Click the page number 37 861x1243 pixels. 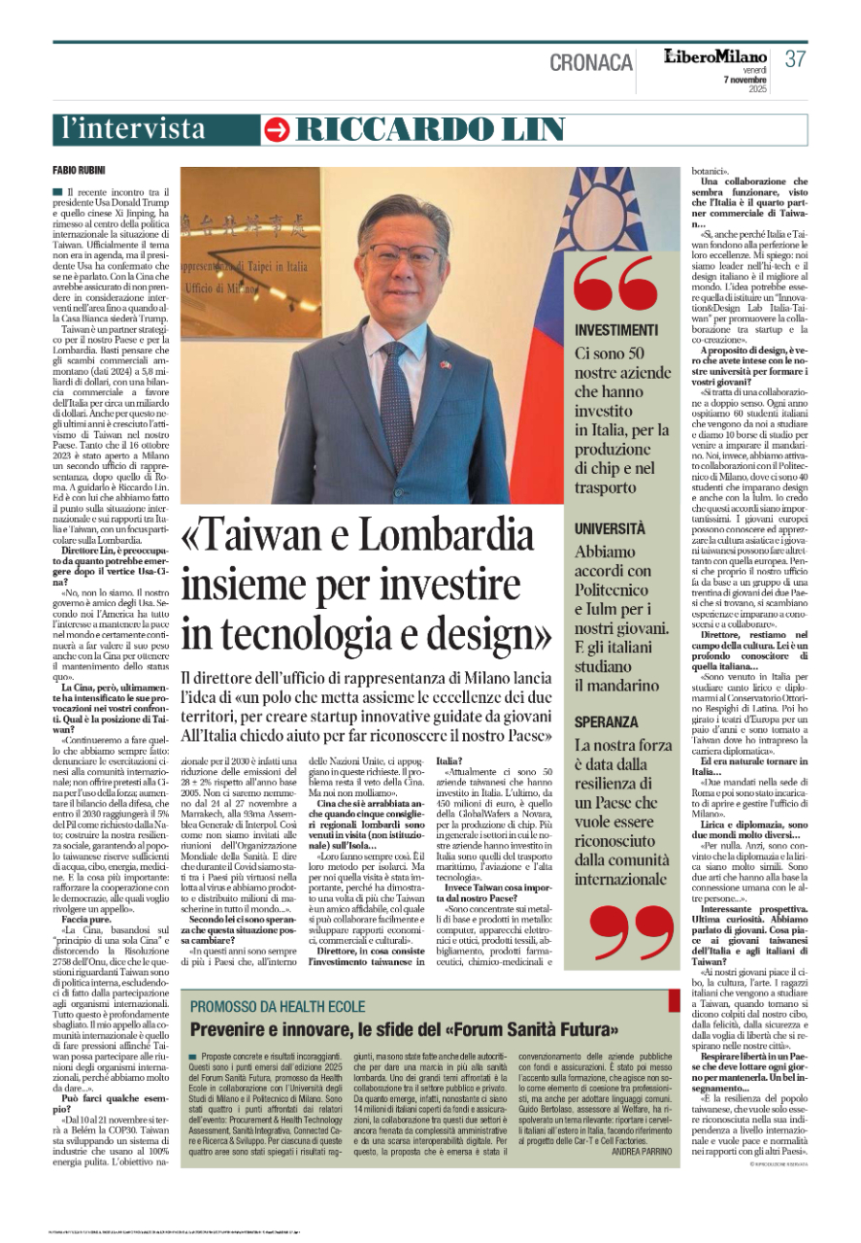[795, 59]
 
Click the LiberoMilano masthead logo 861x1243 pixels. [716, 57]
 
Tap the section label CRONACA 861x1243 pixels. [591, 62]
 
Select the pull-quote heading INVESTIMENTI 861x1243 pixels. [616, 330]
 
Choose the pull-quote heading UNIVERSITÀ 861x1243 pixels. [610, 529]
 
